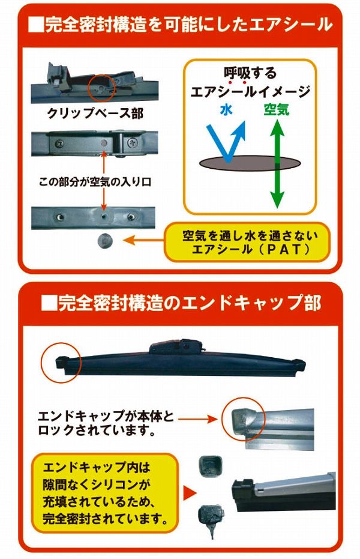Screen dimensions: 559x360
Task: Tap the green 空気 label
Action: (x=275, y=110)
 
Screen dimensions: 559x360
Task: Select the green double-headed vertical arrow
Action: (x=276, y=163)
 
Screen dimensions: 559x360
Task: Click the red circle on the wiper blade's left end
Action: (x=60, y=363)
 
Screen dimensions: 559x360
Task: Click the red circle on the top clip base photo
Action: (x=101, y=87)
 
